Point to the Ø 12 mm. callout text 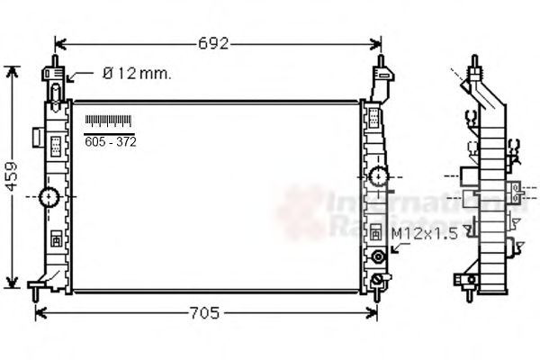(x=135, y=74)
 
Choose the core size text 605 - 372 (x=110, y=141)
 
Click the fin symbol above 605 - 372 (x=108, y=121)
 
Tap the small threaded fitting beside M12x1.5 (x=378, y=257)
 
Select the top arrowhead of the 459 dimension (x=12, y=69)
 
